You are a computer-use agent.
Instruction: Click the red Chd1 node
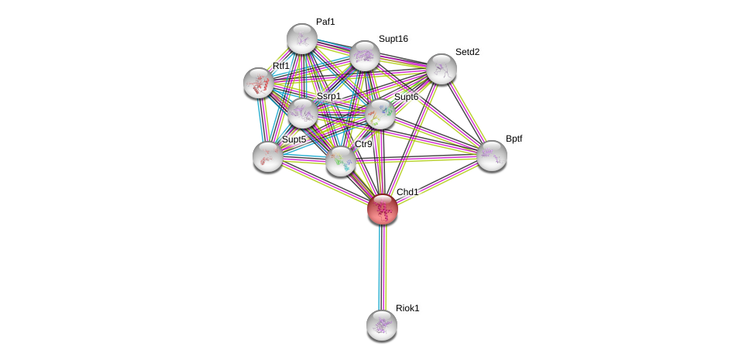point(383,209)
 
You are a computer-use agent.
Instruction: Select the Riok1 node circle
point(382,325)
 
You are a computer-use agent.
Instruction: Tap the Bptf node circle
point(492,156)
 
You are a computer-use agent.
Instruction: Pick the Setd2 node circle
point(442,69)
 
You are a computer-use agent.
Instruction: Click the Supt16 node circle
point(365,56)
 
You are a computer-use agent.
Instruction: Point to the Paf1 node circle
point(302,39)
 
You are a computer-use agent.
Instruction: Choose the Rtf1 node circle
point(259,83)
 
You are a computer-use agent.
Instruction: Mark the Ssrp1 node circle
point(303,113)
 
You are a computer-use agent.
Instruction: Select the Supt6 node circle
point(380,114)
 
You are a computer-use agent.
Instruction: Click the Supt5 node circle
point(268,156)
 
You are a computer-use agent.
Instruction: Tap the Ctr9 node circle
point(341,161)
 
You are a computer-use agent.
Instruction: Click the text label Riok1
point(407,308)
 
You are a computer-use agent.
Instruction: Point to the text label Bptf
point(514,139)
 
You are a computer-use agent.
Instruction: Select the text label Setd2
point(467,52)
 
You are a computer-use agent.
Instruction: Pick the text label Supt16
point(393,39)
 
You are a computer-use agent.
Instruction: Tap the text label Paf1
point(325,22)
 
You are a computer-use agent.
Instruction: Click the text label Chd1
point(407,192)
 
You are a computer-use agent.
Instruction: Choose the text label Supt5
point(294,139)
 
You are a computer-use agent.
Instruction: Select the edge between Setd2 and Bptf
point(467,112)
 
